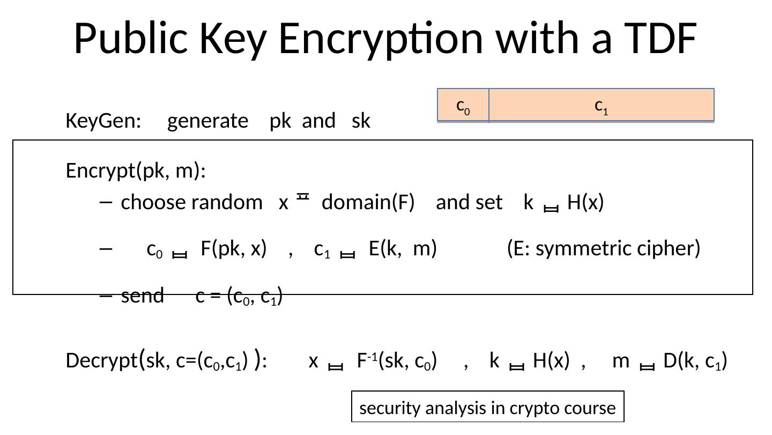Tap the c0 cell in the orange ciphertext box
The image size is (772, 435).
click(x=463, y=106)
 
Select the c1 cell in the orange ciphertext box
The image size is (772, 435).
click(x=602, y=106)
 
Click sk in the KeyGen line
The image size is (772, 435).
click(x=361, y=121)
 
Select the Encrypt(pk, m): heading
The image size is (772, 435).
click(x=136, y=171)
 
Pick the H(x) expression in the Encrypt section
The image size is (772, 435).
click(x=585, y=203)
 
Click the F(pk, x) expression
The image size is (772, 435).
click(x=234, y=249)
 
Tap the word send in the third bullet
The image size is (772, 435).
click(x=142, y=296)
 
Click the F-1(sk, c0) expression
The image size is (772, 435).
click(x=397, y=362)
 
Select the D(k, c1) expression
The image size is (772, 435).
click(x=695, y=362)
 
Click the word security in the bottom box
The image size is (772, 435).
click(x=390, y=408)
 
